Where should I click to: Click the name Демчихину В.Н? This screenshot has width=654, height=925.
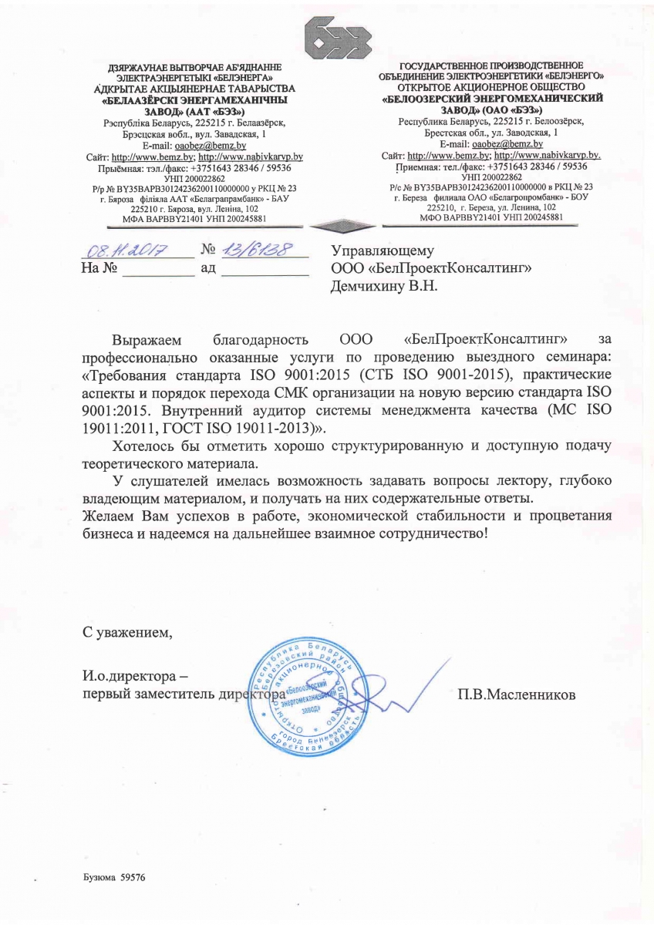(x=383, y=286)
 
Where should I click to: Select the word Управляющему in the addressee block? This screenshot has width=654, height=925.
(x=383, y=251)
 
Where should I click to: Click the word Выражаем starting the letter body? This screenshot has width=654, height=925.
(x=147, y=339)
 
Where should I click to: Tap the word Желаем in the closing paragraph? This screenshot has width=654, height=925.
(x=106, y=516)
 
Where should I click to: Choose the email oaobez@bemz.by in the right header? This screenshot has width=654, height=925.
(x=507, y=144)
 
